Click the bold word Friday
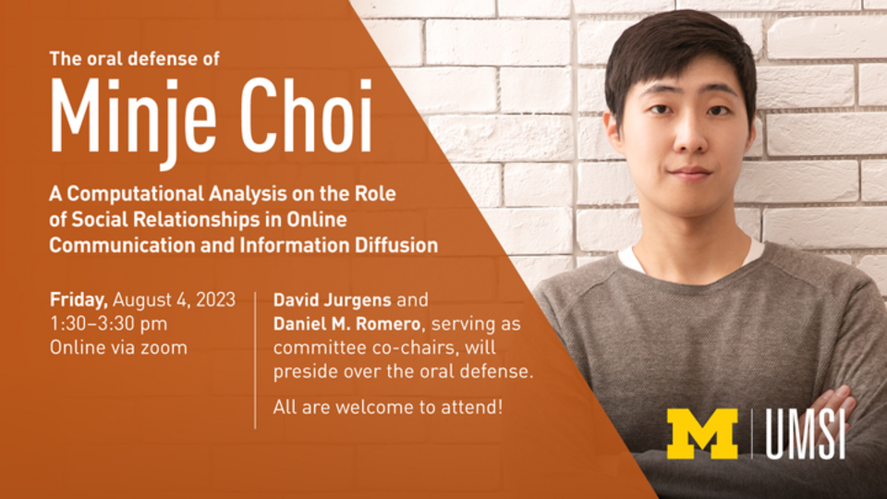[79, 299]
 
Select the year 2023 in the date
[213, 299]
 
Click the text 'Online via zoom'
[118, 347]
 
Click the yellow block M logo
[701, 433]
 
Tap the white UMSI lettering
[805, 433]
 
